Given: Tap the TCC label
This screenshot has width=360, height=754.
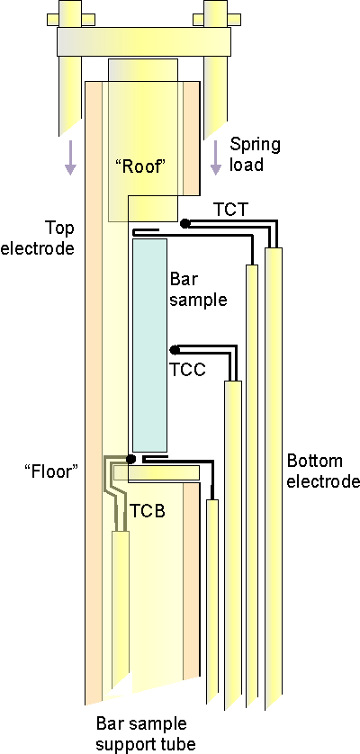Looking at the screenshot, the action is [188, 370].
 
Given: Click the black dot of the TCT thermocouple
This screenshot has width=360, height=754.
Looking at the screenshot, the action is [184, 223].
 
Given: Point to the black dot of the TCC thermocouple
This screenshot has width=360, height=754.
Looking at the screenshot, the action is [175, 350].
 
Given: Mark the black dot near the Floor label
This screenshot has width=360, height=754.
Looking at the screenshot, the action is [130, 459].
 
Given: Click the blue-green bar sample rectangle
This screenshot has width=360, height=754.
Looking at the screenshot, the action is [149, 345].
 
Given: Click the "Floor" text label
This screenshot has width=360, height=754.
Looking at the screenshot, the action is [51, 471].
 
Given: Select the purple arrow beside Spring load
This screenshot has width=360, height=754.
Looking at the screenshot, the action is [216, 157].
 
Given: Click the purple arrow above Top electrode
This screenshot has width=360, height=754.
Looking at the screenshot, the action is [70, 157].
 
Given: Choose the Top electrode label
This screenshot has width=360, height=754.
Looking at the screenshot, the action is [38, 238].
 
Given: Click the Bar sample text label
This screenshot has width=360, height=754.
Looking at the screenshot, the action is [199, 289].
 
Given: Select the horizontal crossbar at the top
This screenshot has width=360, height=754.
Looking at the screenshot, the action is [144, 40].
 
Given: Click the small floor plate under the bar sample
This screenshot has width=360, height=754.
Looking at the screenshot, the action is [157, 472].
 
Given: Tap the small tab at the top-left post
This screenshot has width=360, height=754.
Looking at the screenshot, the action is [71, 19].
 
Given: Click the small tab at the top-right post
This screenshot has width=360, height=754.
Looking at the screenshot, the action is [217, 19].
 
